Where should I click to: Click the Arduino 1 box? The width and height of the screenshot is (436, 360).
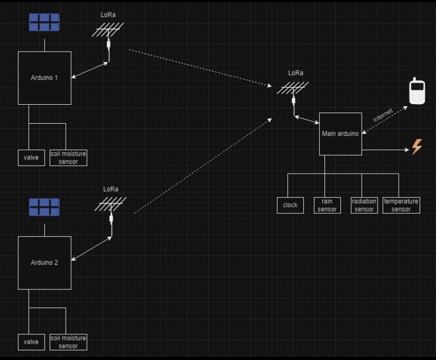(x=45, y=78)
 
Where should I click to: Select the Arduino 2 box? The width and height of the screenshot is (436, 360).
(x=45, y=263)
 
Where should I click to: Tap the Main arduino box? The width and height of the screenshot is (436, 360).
(x=340, y=134)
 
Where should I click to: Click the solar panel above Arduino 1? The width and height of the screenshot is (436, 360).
(x=44, y=23)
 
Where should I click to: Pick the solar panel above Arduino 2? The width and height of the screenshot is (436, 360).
(x=44, y=207)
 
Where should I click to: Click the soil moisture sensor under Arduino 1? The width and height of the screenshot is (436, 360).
(x=68, y=158)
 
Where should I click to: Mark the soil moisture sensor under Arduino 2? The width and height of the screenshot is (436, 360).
(x=68, y=342)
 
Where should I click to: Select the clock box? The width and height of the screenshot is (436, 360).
(x=290, y=205)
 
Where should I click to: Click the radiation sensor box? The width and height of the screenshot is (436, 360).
(x=364, y=205)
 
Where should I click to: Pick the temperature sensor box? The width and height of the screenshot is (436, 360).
(x=401, y=205)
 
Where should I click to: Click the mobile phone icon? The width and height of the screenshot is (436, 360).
(x=417, y=92)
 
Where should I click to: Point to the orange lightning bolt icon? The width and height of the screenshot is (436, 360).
(x=417, y=147)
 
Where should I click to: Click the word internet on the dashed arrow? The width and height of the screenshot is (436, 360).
(x=383, y=115)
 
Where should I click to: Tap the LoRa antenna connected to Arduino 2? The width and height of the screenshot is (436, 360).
(x=111, y=206)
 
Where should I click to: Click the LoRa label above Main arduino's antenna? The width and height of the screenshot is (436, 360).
(x=296, y=73)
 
